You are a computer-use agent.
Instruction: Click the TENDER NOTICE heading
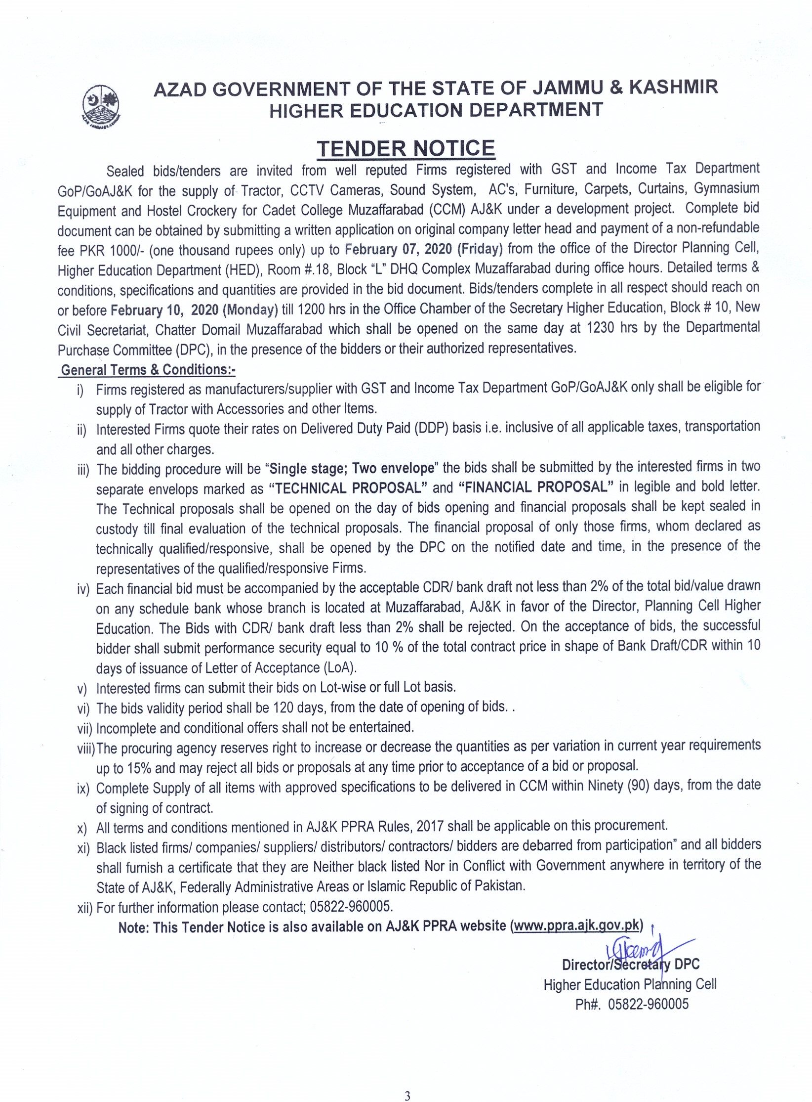click(x=406, y=148)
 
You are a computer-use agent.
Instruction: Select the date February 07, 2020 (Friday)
click(x=423, y=248)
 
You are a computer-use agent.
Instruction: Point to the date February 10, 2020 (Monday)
click(x=194, y=310)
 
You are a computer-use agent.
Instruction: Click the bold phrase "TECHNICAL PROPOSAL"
click(x=348, y=488)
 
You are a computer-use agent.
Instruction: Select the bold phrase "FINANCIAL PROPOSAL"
click(x=536, y=487)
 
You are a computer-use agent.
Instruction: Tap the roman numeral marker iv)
click(x=83, y=589)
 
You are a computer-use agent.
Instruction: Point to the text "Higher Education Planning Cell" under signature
click(x=630, y=984)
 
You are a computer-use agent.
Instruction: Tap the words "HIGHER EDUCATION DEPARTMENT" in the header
click(x=436, y=110)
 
